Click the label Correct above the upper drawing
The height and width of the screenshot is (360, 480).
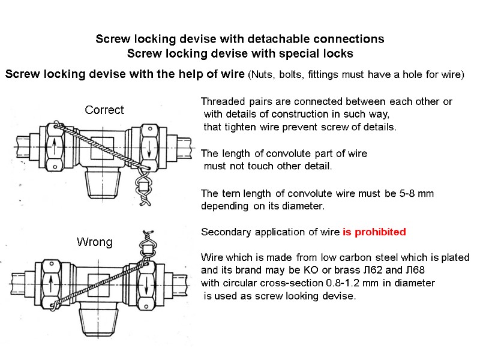point(104,110)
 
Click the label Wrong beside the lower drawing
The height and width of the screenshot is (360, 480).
point(94,242)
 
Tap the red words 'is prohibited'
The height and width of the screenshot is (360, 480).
point(374,232)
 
